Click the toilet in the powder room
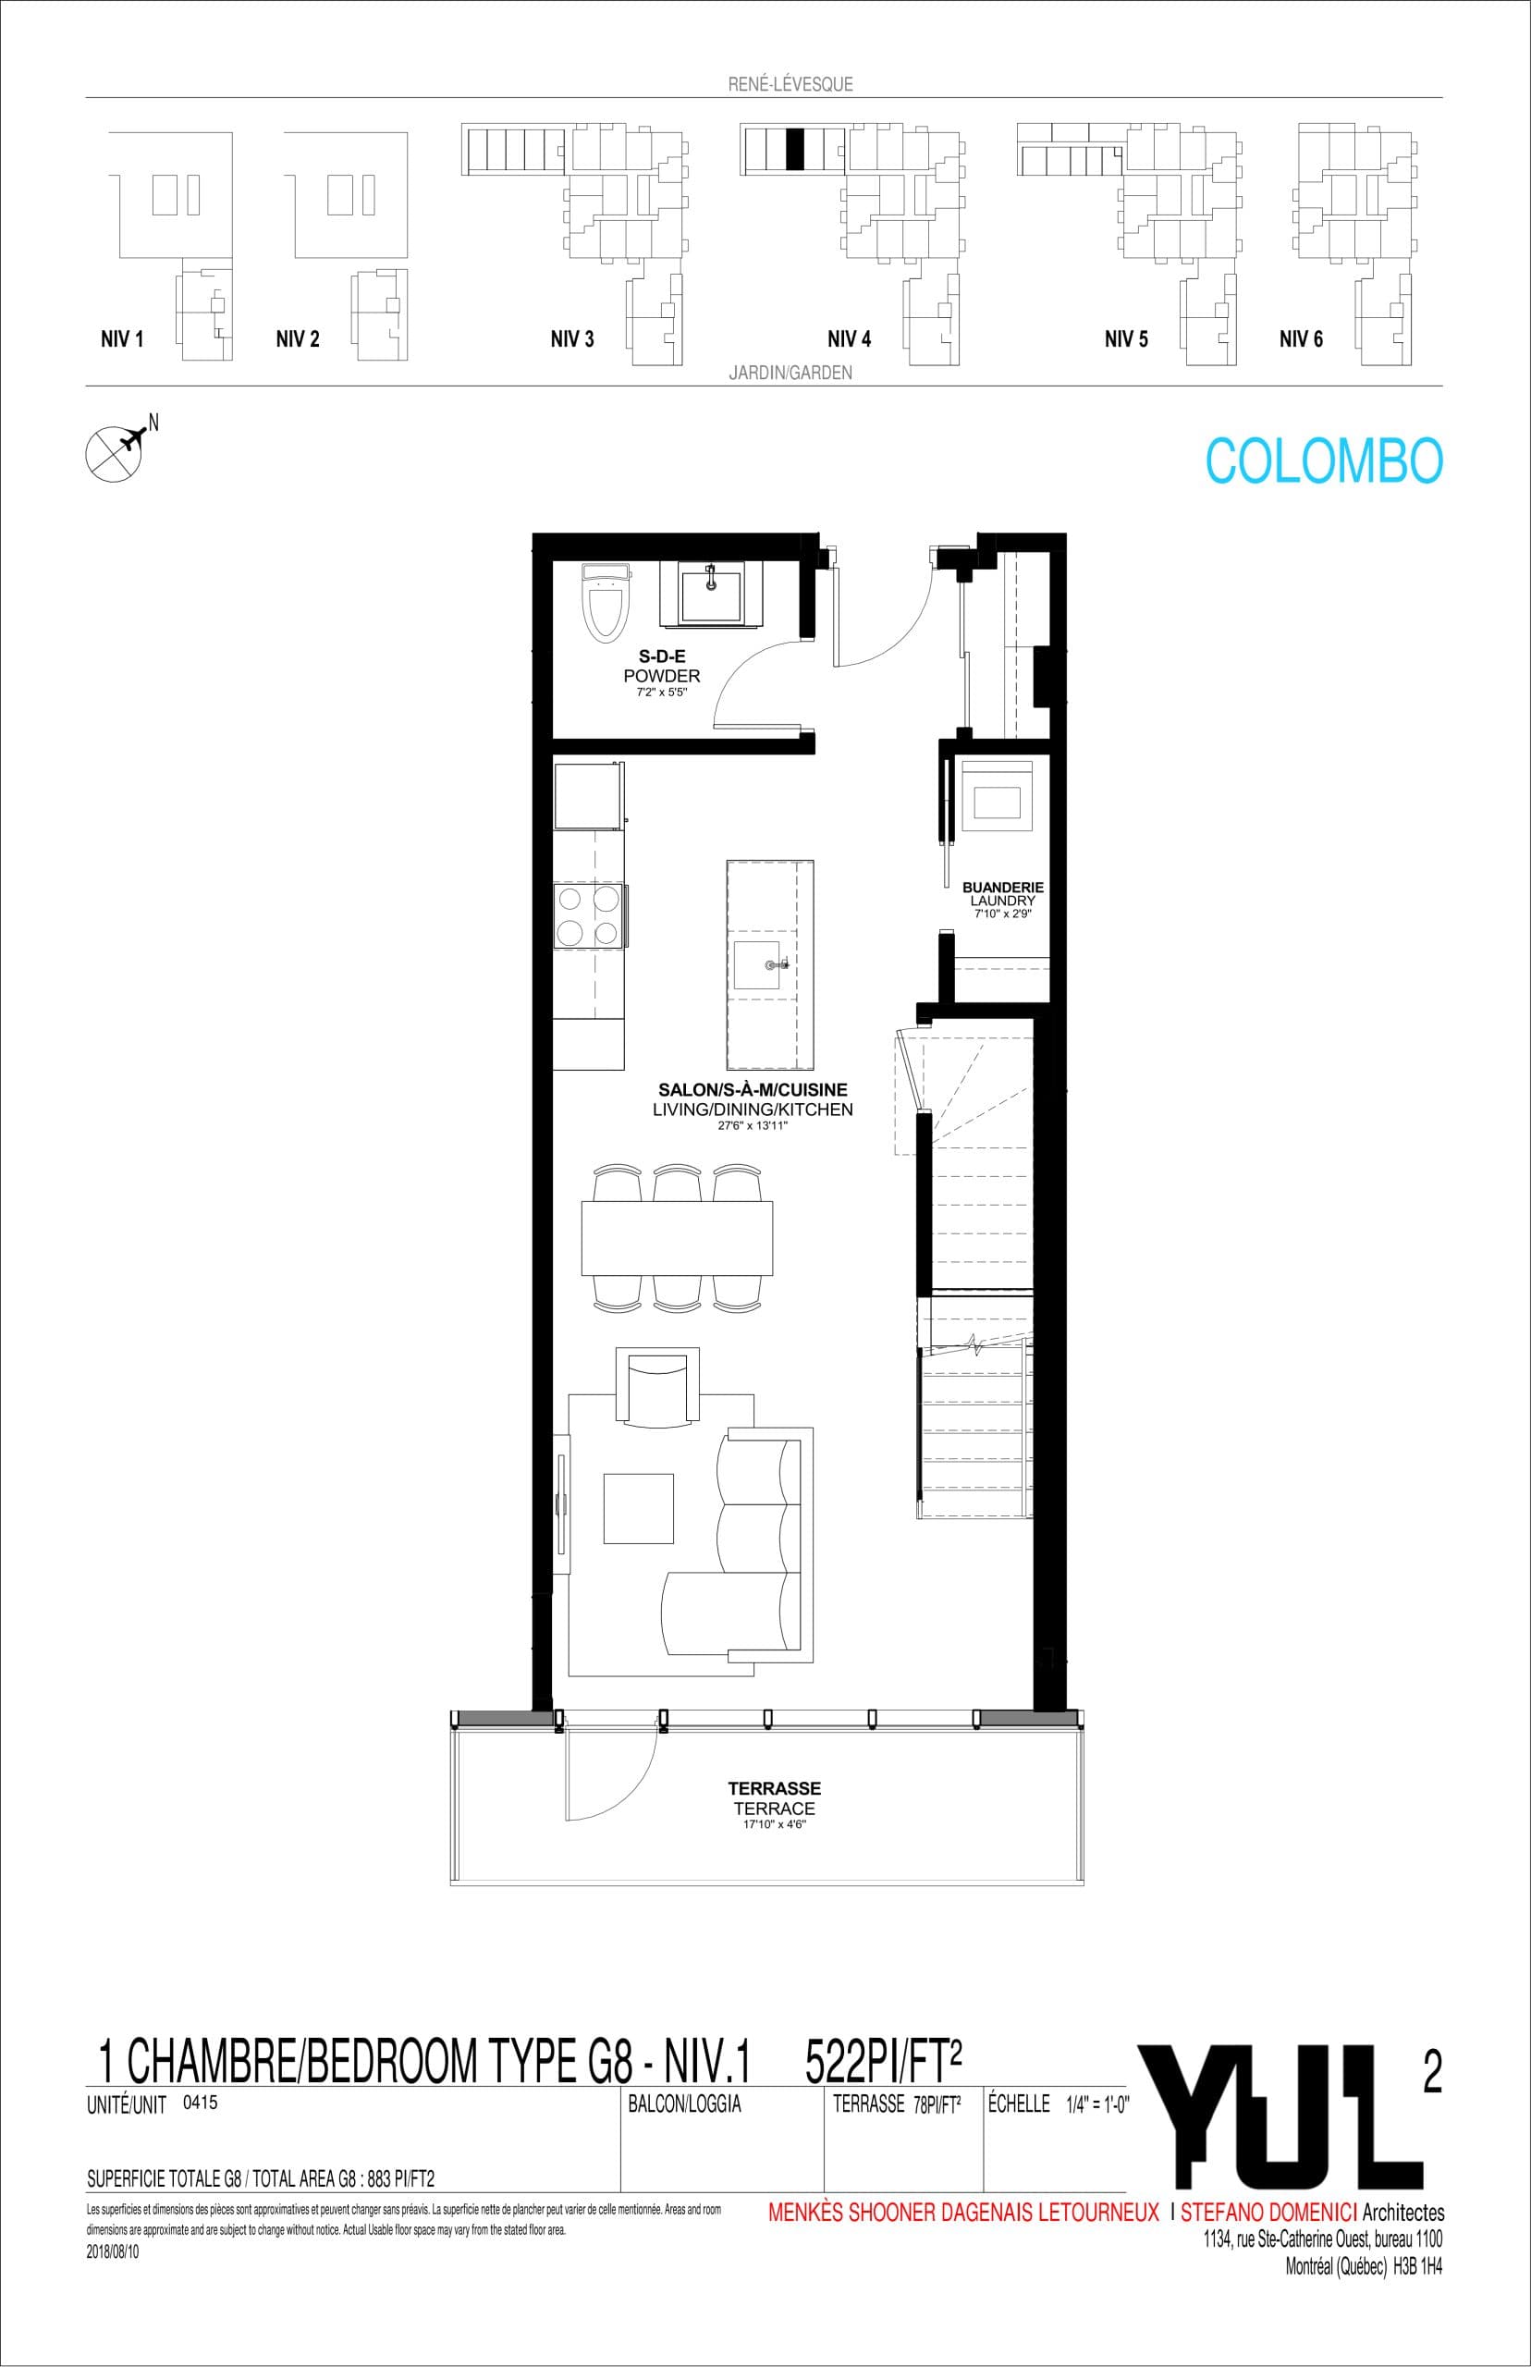click(606, 601)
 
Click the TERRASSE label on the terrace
click(775, 1788)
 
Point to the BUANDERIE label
click(1002, 886)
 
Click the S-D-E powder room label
click(662, 657)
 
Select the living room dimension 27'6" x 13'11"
click(752, 1126)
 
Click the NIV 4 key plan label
click(849, 340)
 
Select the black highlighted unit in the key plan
click(794, 149)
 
